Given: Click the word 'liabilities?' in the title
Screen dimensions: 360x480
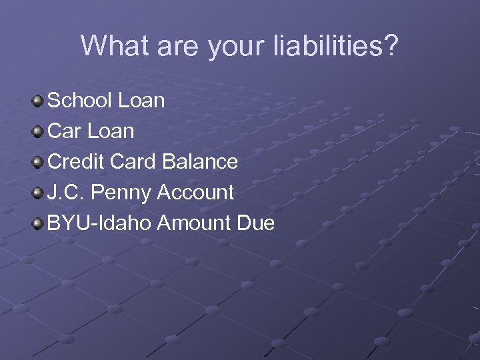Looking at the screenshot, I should pyautogui.click(x=335, y=47).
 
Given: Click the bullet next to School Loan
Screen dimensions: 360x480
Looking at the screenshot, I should pyautogui.click(x=37, y=101).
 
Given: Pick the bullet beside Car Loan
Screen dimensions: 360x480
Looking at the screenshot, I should pyautogui.click(x=37, y=132).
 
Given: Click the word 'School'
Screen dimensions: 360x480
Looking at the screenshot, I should pyautogui.click(x=80, y=101).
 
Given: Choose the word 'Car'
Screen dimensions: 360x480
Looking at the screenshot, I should pyautogui.click(x=64, y=131).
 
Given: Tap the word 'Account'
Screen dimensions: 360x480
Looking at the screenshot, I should pyautogui.click(x=195, y=193).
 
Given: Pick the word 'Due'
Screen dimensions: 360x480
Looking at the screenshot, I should pyautogui.click(x=255, y=223).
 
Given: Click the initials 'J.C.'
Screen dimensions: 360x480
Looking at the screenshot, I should pyautogui.click(x=66, y=193).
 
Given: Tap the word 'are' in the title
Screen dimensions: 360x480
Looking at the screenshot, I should pyautogui.click(x=175, y=47).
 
